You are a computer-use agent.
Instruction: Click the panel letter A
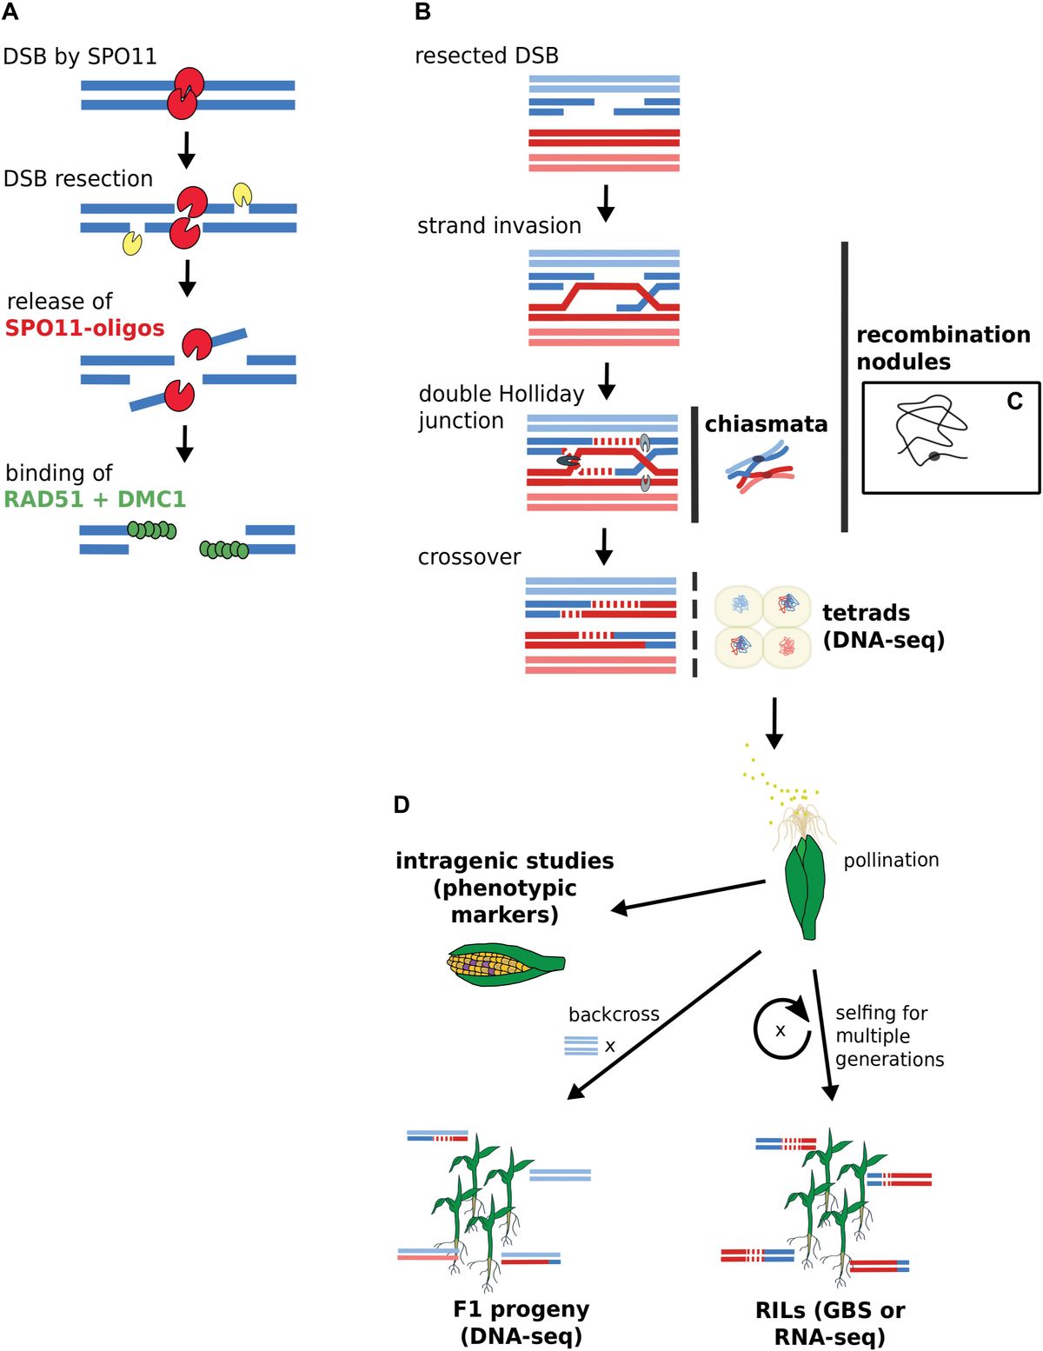[10, 12]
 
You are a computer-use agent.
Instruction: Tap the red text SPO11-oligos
[84, 329]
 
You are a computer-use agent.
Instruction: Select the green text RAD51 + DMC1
[95, 500]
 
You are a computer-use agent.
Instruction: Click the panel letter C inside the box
[1014, 402]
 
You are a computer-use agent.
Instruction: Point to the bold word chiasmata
[766, 424]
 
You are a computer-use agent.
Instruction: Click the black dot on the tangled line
[934, 456]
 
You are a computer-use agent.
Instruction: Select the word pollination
[891, 860]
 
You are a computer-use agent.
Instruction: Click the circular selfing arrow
[780, 1028]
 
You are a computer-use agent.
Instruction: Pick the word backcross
[614, 1015]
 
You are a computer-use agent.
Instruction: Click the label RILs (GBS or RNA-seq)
[829, 1323]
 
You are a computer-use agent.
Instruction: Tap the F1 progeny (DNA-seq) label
[521, 1322]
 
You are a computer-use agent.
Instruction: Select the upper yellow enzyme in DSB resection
[242, 193]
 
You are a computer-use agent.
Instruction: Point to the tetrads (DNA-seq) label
[882, 626]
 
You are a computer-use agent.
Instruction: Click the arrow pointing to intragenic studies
[687, 896]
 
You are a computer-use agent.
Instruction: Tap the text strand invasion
[499, 226]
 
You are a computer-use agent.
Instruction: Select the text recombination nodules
[942, 348]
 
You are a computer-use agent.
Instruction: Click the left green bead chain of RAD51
[152, 529]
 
